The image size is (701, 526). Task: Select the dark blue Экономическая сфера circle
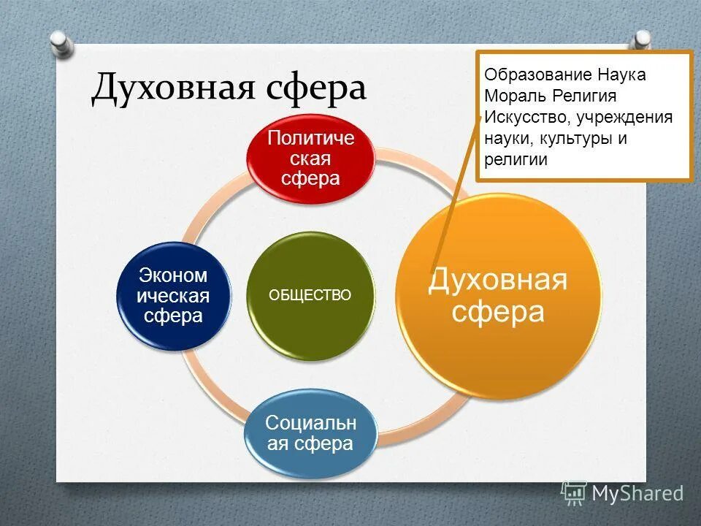coord(173,296)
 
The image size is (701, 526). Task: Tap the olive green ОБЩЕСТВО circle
coord(310,295)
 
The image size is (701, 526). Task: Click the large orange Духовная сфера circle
coord(499,296)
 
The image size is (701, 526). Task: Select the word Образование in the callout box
coord(537,75)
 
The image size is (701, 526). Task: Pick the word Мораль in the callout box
coord(516,96)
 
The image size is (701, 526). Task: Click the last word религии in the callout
coord(516,160)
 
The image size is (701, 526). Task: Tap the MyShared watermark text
coord(637,494)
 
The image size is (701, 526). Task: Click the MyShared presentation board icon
coord(574,493)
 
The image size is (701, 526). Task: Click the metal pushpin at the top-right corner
coord(642,40)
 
